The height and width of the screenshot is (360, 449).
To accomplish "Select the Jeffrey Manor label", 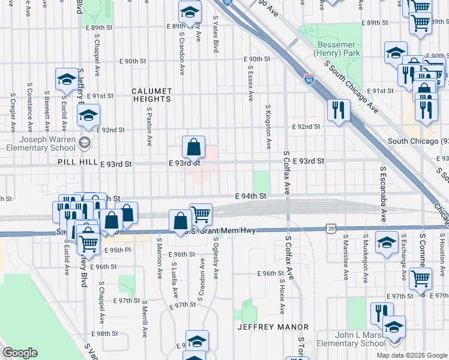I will point(273,327).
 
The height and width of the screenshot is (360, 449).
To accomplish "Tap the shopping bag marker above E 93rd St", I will point(194,147).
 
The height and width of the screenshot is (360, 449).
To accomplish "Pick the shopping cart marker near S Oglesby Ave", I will point(200,214).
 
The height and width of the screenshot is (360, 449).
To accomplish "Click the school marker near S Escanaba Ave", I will point(387,242).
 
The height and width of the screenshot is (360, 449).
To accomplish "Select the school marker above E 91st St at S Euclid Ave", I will point(66,79).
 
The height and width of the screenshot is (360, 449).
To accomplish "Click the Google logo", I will point(20,353).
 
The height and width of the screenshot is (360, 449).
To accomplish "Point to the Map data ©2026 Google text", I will point(411,355).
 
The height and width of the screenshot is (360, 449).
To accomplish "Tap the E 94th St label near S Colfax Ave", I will point(250,196).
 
